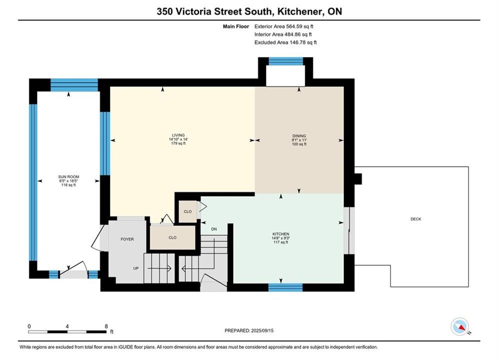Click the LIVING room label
[x=178, y=135]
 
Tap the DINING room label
[x=299, y=136]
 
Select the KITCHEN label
[x=281, y=234]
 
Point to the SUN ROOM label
[x=69, y=177]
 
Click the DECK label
[x=416, y=219]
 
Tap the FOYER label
[x=127, y=239]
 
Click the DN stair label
[x=214, y=229]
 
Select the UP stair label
[x=136, y=268]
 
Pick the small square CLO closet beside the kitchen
[x=188, y=211]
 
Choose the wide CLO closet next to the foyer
[x=173, y=237]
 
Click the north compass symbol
[x=460, y=326]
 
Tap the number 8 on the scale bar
[x=106, y=326]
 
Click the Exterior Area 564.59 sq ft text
[x=284, y=26]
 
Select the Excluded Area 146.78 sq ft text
[x=285, y=42]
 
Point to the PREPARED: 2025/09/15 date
[x=249, y=330]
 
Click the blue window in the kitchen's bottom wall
[x=285, y=287]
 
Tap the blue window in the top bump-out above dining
[x=286, y=61]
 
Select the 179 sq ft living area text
[x=178, y=143]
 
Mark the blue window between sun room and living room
[x=105, y=143]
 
